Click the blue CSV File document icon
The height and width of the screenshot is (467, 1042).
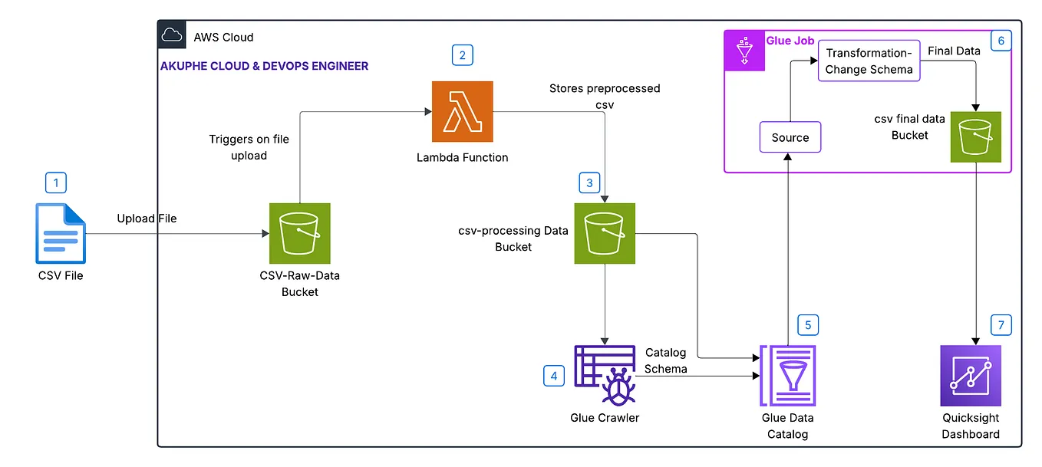pyautogui.click(x=61, y=233)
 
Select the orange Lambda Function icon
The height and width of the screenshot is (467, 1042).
pyautogui.click(x=463, y=111)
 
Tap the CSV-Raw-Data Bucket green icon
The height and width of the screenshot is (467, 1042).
pyautogui.click(x=299, y=233)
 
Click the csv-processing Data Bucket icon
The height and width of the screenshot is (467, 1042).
pyautogui.click(x=605, y=233)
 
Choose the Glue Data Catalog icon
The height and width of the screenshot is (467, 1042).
pyautogui.click(x=787, y=376)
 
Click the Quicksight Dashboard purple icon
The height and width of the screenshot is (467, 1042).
pyautogui.click(x=971, y=376)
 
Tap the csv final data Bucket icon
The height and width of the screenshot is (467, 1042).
pyautogui.click(x=976, y=137)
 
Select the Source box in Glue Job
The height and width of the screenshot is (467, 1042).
pyautogui.click(x=790, y=137)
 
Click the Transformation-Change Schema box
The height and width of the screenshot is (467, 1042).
pyautogui.click(x=869, y=61)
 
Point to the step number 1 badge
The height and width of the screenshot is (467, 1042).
pyautogui.click(x=56, y=183)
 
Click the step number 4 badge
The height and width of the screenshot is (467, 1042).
pyautogui.click(x=553, y=376)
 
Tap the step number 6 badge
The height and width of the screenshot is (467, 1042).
pyautogui.click(x=1001, y=41)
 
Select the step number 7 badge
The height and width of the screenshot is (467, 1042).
pyautogui.click(x=1001, y=325)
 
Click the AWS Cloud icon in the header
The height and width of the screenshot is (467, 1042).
pyautogui.click(x=172, y=35)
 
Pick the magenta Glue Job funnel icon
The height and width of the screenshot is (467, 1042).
pyautogui.click(x=744, y=51)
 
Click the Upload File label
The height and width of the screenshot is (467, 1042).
pyautogui.click(x=147, y=219)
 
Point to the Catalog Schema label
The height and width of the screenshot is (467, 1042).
pyautogui.click(x=666, y=360)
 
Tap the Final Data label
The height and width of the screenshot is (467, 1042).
pyautogui.click(x=954, y=51)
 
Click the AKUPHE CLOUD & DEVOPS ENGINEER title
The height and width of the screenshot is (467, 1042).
pyautogui.click(x=264, y=66)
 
